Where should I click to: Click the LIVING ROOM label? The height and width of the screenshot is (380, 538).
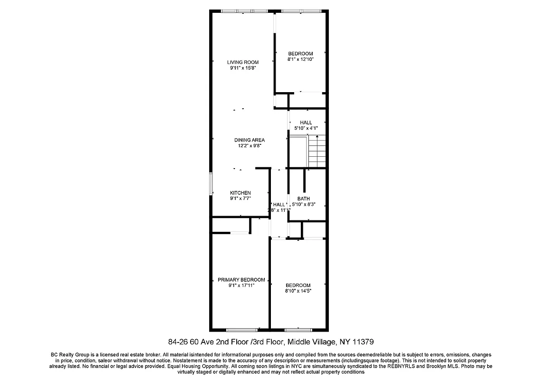pyautogui.click(x=242, y=62)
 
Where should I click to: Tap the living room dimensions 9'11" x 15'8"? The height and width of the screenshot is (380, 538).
pyautogui.click(x=242, y=68)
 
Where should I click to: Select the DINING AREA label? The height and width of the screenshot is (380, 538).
pyautogui.click(x=249, y=140)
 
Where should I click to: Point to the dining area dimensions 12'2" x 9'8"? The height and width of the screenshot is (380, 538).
pyautogui.click(x=249, y=146)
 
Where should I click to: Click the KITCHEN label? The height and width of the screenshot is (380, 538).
pyautogui.click(x=240, y=193)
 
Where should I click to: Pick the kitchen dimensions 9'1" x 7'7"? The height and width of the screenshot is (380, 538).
pyautogui.click(x=240, y=199)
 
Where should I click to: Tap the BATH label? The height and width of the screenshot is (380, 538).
pyautogui.click(x=303, y=199)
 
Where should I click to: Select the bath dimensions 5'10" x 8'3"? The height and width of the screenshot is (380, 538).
pyautogui.click(x=303, y=204)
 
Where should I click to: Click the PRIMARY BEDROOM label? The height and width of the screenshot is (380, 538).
pyautogui.click(x=241, y=280)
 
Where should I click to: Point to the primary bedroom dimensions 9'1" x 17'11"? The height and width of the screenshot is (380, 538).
pyautogui.click(x=241, y=285)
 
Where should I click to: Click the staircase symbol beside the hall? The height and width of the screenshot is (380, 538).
pyautogui.click(x=317, y=151)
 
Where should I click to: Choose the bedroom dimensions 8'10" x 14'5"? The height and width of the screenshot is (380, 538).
pyautogui.click(x=298, y=291)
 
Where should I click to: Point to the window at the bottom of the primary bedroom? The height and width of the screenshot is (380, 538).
pyautogui.click(x=242, y=330)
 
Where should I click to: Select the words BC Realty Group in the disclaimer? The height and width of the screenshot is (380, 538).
pyautogui.click(x=68, y=355)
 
